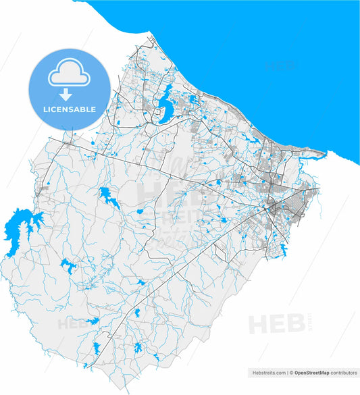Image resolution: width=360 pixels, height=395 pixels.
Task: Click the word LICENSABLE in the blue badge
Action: click(70, 109)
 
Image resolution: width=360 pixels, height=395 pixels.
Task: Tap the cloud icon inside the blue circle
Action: click(70, 74)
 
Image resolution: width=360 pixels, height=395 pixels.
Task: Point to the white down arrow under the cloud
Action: click(70, 93)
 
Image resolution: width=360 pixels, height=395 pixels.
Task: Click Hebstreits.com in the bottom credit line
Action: click(268, 372)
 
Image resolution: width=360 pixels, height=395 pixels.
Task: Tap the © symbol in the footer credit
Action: click(290, 372)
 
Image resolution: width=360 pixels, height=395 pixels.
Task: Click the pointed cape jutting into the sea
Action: click(325, 153)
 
